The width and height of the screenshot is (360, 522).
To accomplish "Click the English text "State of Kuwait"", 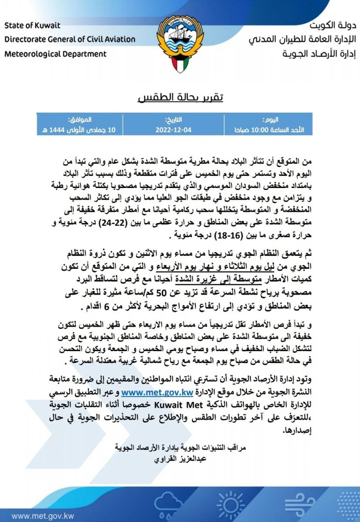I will pos(33,25).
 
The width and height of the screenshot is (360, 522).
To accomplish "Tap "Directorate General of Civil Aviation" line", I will pos(70,39).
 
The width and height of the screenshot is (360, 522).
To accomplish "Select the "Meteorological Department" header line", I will pos(55,54).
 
